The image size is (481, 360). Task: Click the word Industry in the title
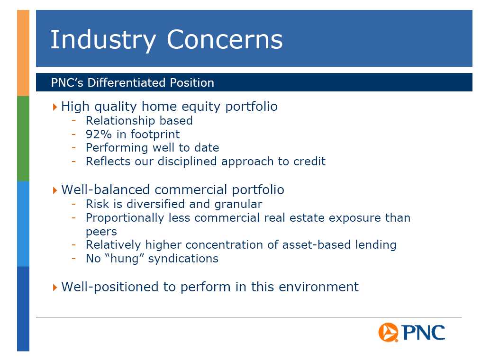point(103,40)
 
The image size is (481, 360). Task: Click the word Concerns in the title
point(225,39)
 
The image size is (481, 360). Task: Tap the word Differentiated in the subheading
point(127,82)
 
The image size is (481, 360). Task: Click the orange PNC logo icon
point(389,332)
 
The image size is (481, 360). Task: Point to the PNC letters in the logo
point(423,332)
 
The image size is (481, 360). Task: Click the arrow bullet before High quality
point(55,107)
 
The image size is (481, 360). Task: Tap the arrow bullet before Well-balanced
point(55,190)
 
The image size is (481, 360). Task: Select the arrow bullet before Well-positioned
point(55,288)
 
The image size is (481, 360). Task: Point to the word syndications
point(183,259)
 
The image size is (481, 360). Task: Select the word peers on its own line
point(101,232)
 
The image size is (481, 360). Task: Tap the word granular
point(238,204)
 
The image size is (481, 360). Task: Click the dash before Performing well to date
point(73,147)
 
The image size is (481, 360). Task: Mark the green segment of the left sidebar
point(23,139)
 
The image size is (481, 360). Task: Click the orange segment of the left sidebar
point(23,53)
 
